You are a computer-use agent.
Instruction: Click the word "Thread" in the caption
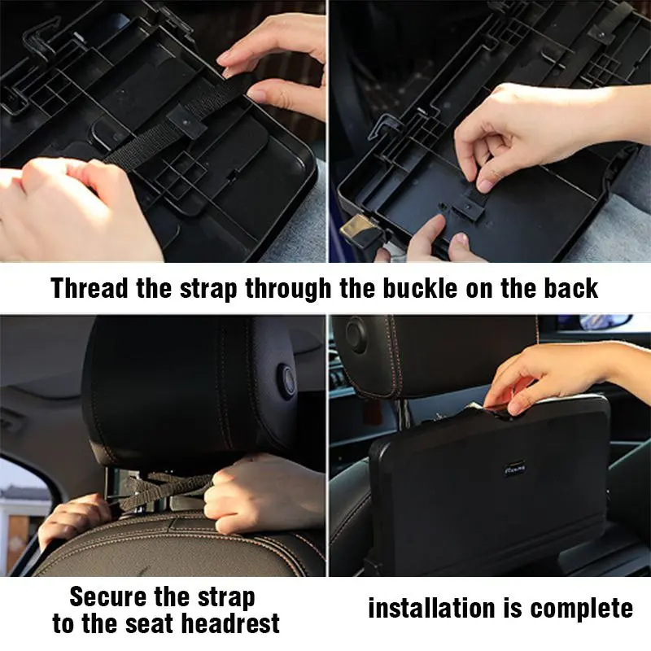tap(90, 288)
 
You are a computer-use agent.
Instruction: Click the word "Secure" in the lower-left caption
tap(108, 596)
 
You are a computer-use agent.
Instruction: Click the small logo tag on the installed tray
tap(515, 469)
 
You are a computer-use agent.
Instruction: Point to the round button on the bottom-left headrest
tap(286, 381)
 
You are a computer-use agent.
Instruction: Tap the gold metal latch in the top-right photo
tap(357, 229)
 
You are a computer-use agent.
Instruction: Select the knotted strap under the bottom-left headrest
tap(166, 490)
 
